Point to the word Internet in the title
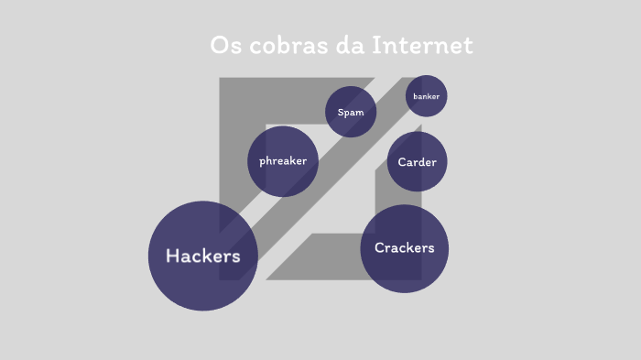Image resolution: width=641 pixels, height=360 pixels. [422, 45]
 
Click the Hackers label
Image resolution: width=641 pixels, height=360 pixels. [202, 256]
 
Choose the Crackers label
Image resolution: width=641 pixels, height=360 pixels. [404, 248]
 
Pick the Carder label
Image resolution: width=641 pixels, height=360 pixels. [417, 162]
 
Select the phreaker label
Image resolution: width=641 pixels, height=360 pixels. [283, 161]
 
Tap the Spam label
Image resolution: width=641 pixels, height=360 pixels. [351, 113]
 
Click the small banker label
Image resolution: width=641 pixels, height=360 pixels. [426, 96]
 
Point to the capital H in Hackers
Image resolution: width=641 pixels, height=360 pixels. [172, 256]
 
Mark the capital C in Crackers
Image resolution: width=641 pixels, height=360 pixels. [380, 248]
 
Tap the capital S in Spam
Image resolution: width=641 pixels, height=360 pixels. [341, 113]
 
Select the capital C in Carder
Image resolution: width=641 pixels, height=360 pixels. [402, 162]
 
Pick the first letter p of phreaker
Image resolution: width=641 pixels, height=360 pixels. [263, 162]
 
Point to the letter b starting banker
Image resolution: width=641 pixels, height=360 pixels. [416, 96]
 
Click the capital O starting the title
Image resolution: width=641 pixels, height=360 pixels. [218, 45]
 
